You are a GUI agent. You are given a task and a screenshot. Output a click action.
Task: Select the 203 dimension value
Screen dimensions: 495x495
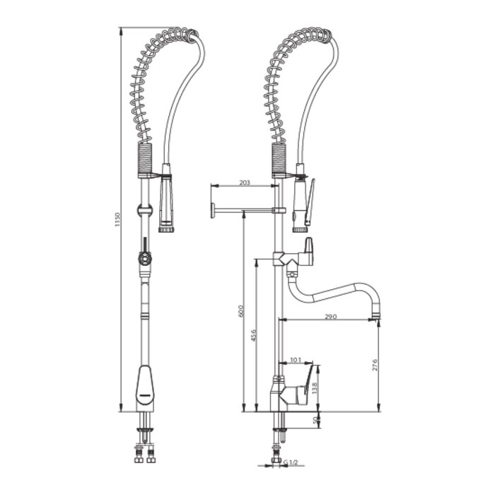tap(245, 182)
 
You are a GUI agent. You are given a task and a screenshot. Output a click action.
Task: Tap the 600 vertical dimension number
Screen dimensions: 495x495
tap(240, 311)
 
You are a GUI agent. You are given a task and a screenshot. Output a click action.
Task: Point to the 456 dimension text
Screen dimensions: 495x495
tap(253, 335)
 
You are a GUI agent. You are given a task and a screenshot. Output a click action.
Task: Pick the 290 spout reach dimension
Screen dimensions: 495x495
tap(330, 316)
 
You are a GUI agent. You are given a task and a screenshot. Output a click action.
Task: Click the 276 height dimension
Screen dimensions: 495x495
tap(375, 365)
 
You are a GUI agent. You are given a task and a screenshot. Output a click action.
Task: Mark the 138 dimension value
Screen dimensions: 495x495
tap(315, 388)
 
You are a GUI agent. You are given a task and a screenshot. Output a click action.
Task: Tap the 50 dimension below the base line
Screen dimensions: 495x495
tap(315, 420)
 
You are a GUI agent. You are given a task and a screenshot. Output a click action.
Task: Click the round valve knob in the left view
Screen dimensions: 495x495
tap(144, 260)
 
